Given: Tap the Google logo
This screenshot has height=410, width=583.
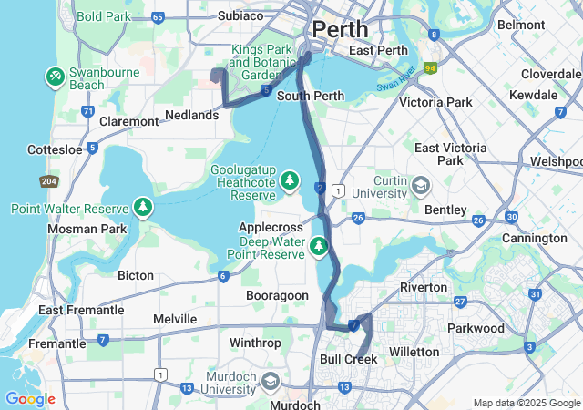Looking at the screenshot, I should click(x=30, y=399).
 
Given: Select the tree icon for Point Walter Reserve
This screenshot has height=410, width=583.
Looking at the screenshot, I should click(x=144, y=209).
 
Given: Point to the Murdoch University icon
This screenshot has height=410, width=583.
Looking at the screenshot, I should click(x=271, y=380).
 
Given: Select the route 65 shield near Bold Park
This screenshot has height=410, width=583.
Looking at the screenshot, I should click(x=159, y=17).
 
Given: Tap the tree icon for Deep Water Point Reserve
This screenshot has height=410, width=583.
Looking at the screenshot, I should click(x=318, y=244).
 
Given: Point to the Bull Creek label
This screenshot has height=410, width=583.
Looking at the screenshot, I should click(x=348, y=360).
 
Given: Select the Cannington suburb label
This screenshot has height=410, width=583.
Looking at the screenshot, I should click(x=535, y=238).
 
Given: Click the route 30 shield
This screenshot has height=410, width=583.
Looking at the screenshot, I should click(x=512, y=217).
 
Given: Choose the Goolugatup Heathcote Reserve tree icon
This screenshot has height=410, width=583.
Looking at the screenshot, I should click(x=289, y=179).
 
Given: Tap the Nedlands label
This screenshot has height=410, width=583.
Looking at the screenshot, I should click(x=192, y=115).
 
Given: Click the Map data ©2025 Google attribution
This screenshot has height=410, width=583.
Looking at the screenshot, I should click(x=527, y=403).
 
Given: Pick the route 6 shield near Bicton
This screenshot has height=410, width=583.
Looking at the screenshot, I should click(x=222, y=276).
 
